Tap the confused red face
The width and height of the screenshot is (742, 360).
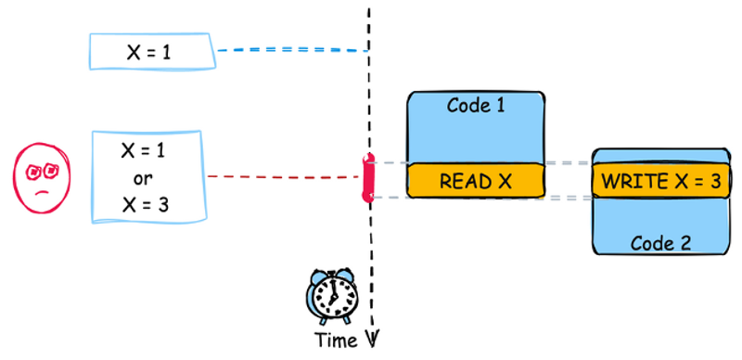coord(42,176)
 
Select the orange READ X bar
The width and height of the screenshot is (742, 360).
coord(475,181)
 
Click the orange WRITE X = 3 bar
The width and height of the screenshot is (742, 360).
coord(659,181)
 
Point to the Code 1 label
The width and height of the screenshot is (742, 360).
coord(476,105)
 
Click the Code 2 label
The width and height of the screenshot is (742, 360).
coord(660,243)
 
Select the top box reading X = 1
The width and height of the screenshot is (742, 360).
coord(152,51)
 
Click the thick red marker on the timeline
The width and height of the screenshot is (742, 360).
coord(368,178)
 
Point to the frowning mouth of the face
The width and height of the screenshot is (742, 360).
coord(43,191)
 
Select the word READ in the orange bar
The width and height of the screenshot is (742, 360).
coord(461,181)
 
